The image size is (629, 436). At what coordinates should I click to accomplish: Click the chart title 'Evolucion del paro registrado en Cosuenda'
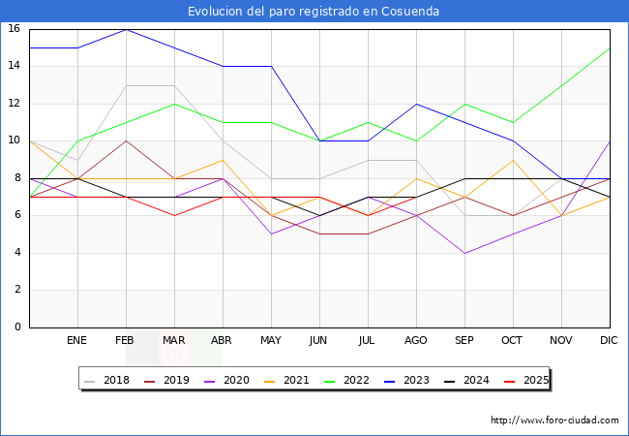[314, 12]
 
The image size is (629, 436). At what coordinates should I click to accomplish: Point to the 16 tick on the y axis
[15, 29]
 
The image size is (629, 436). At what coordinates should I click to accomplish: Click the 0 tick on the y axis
[17, 327]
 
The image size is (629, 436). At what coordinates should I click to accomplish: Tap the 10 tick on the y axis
[15, 140]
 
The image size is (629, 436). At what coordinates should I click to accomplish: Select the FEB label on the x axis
[125, 341]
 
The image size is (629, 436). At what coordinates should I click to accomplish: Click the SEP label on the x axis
[464, 341]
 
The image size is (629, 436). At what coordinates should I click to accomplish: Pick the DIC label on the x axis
[609, 341]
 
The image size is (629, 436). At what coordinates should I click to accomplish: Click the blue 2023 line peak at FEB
[126, 29]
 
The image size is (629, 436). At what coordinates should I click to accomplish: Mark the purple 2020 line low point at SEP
[464, 253]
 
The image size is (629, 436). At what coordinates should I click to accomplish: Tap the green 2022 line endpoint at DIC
[610, 47]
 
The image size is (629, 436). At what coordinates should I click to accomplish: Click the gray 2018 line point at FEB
[126, 85]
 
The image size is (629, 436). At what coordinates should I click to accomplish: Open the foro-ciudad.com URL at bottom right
[554, 420]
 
